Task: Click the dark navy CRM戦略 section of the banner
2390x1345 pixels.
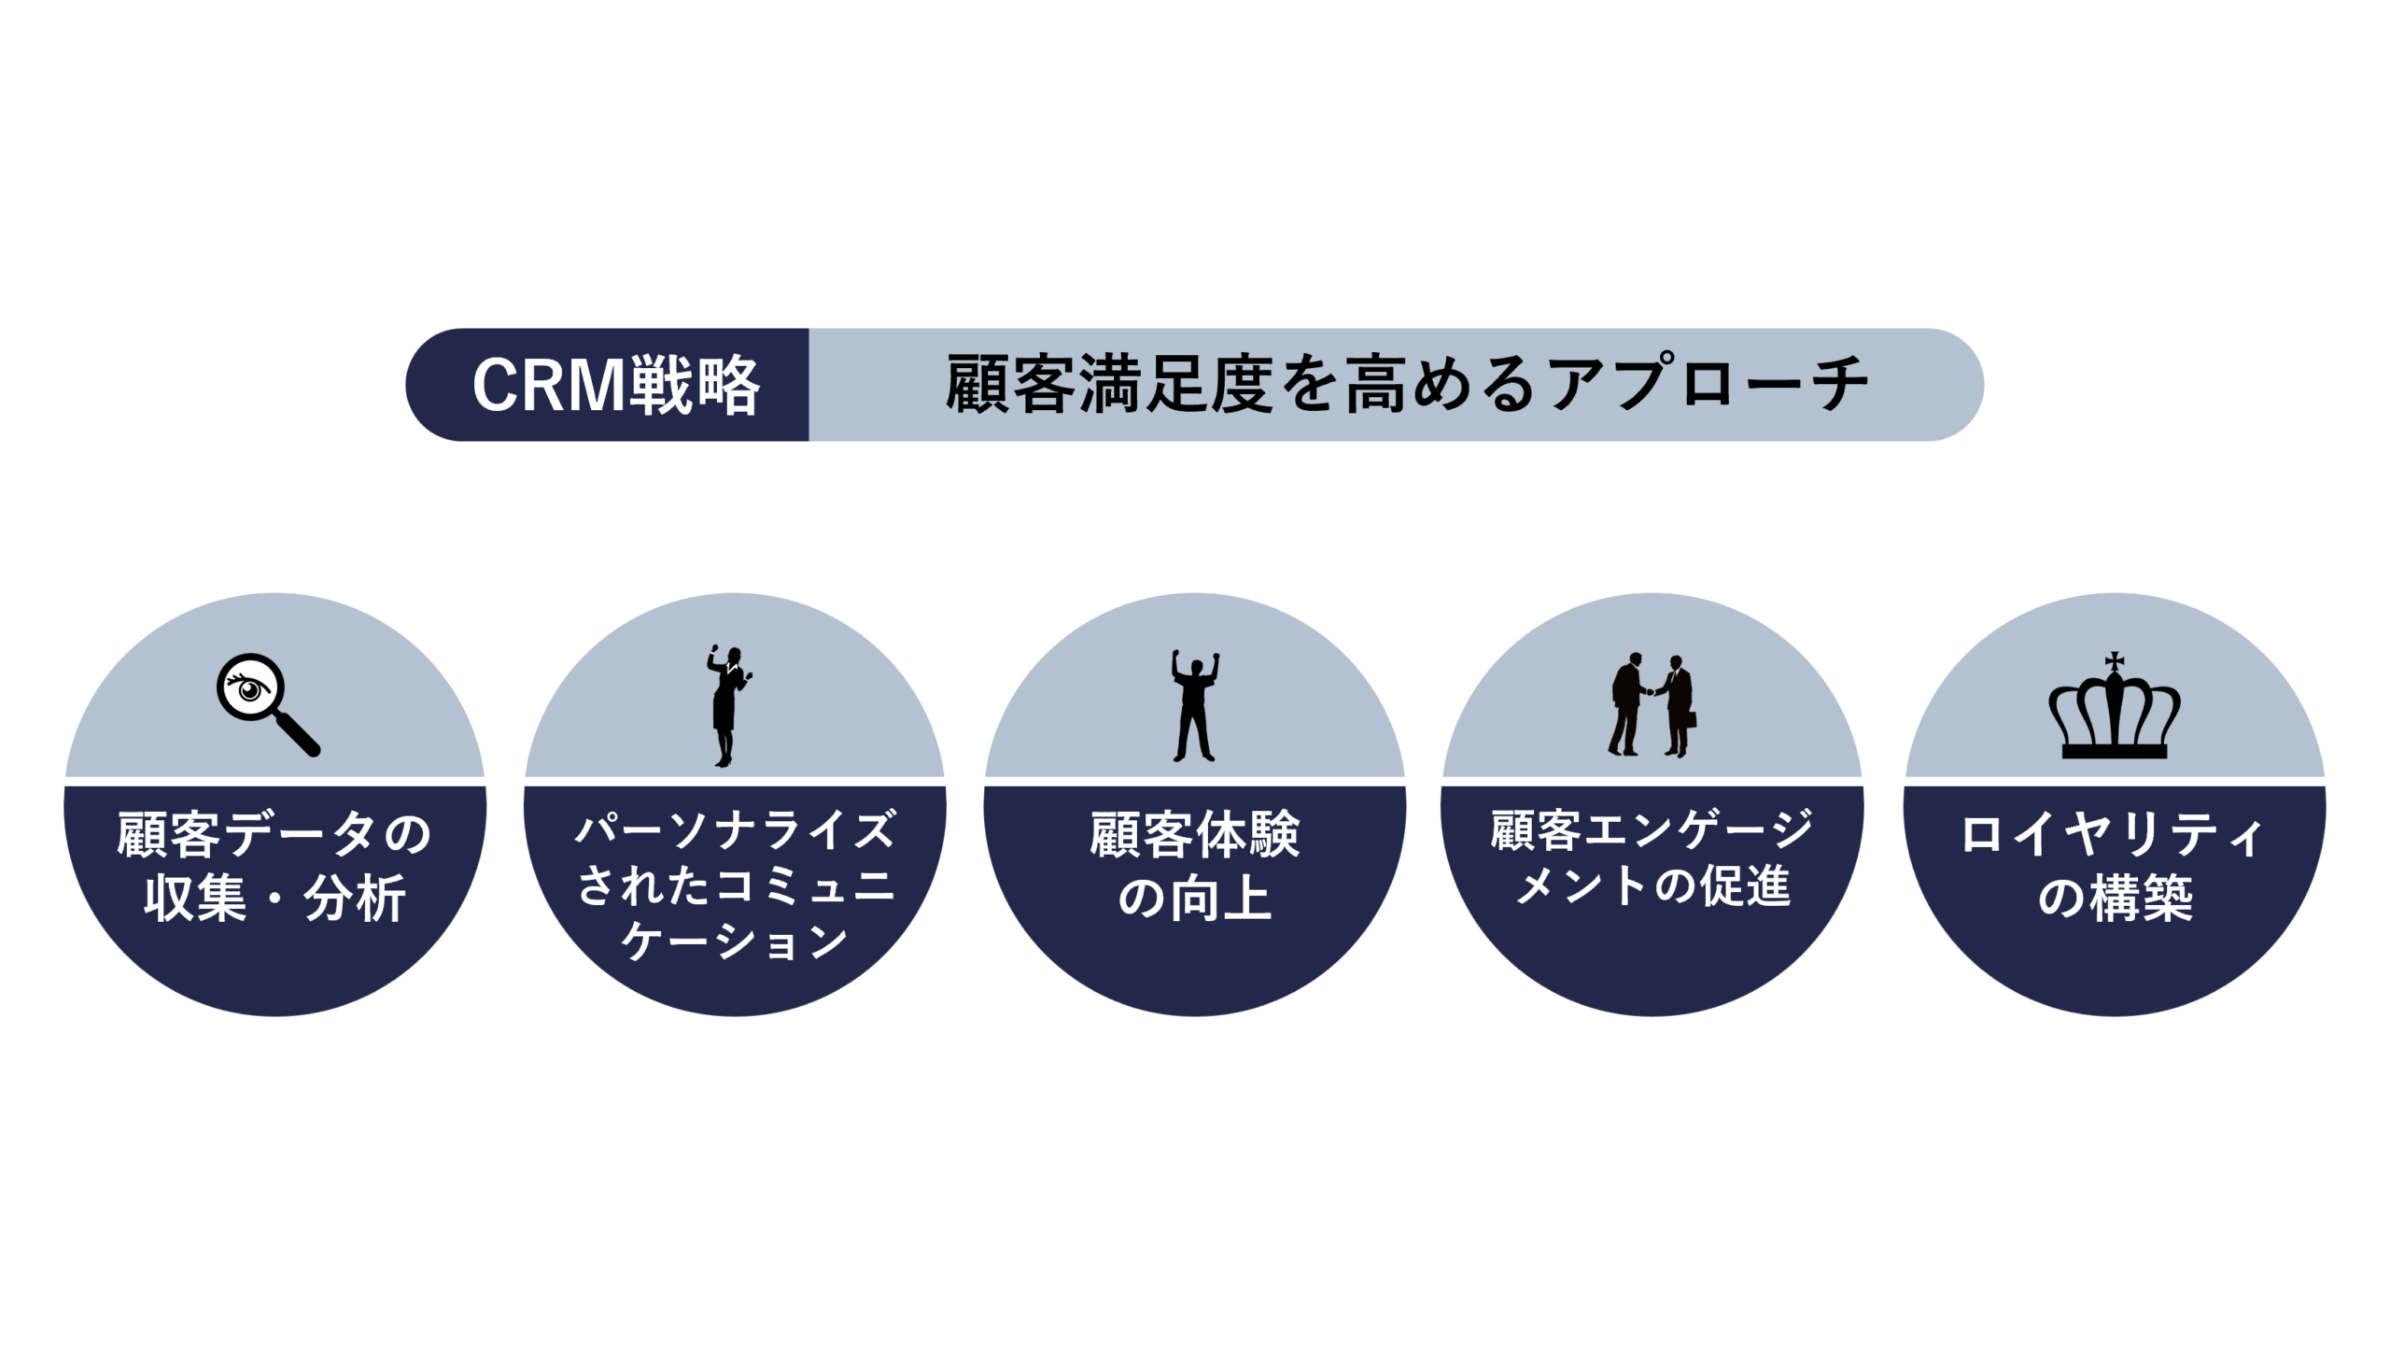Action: click(x=607, y=385)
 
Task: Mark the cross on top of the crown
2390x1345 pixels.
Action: click(x=2115, y=662)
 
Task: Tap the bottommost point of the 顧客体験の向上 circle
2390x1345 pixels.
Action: click(x=1195, y=1016)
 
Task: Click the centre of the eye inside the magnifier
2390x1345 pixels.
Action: click(x=249, y=690)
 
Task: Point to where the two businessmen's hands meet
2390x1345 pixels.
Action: click(x=1651, y=692)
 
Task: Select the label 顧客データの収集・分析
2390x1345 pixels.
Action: click(x=274, y=866)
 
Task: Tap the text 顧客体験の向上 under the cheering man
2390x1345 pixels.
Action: click(x=1195, y=866)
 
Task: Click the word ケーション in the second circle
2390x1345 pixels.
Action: click(x=735, y=941)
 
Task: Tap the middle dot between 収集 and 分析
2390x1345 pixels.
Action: click(x=274, y=899)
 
